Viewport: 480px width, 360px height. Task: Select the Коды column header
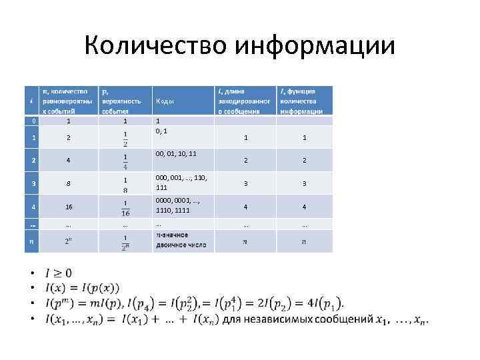click(x=165, y=101)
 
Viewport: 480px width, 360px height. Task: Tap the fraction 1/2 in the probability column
click(x=125, y=138)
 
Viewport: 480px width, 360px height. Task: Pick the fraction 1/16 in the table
click(x=125, y=207)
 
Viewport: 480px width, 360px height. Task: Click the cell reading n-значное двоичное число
click(x=181, y=240)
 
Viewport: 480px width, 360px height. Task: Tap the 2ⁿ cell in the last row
click(x=69, y=241)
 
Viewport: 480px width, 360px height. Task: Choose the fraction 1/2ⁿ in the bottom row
click(x=125, y=241)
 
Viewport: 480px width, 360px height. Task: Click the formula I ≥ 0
click(x=59, y=273)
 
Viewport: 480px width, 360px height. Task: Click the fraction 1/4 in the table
click(x=125, y=161)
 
